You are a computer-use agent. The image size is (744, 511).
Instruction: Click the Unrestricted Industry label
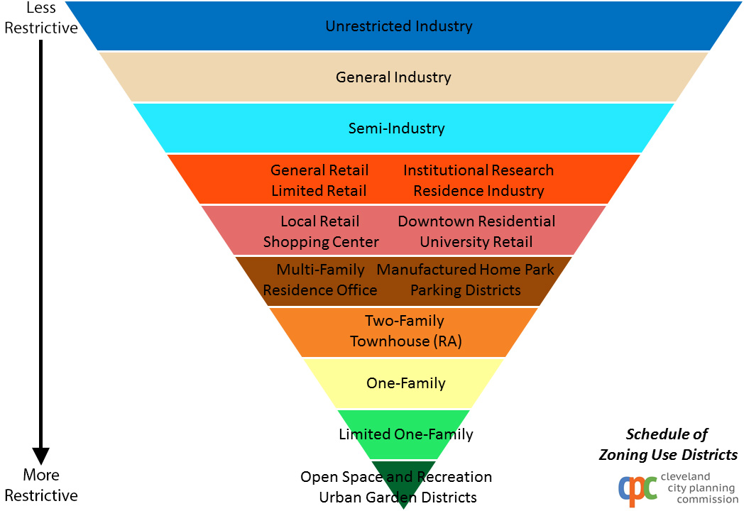[x=398, y=26]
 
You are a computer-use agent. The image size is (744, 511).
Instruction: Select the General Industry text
[x=393, y=77]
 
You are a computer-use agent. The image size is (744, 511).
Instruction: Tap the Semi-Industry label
[x=397, y=128]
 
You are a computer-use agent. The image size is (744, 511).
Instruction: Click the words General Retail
[x=319, y=170]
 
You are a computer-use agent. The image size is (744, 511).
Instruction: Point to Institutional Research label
[x=478, y=170]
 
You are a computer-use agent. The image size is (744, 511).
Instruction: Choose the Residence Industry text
[x=478, y=191]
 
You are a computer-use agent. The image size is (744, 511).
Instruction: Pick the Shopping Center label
[x=321, y=242]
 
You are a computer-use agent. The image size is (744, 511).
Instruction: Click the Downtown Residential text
[x=476, y=221]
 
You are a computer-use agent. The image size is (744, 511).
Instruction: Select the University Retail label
[x=476, y=242]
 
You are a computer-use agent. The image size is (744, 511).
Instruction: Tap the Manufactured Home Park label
[x=465, y=270]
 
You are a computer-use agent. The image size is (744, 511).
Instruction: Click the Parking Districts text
[x=466, y=290]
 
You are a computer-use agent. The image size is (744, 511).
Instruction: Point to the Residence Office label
[x=319, y=290]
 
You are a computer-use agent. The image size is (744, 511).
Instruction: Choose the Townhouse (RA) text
[x=405, y=341]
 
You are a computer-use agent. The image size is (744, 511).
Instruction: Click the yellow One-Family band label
[x=405, y=383]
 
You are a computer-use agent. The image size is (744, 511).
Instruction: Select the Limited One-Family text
[x=405, y=434]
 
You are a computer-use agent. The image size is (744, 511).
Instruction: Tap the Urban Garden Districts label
[x=398, y=498]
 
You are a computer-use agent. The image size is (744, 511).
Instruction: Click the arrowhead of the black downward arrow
[x=40, y=456]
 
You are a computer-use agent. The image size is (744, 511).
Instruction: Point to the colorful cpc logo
[x=638, y=490]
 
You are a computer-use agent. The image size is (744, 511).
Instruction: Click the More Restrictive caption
[x=41, y=485]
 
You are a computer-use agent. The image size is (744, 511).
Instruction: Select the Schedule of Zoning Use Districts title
[x=668, y=444]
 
